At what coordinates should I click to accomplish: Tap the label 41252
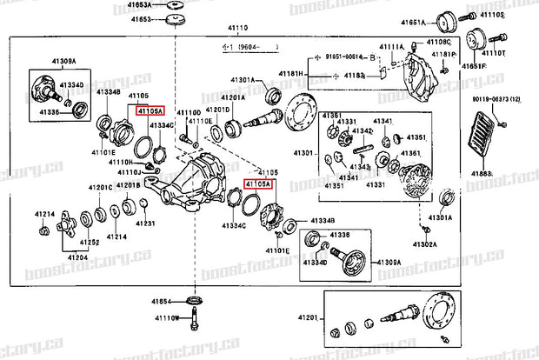(90, 243)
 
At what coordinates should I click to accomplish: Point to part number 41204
(77, 258)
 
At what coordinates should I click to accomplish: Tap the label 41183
(354, 76)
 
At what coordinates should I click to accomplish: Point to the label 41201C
(98, 187)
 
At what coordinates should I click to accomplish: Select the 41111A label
(391, 45)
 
